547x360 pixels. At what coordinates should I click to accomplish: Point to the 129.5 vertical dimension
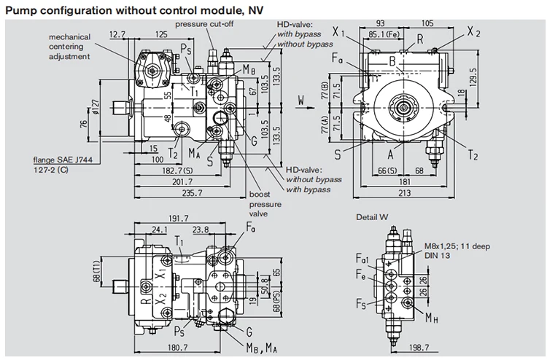(473, 76)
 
